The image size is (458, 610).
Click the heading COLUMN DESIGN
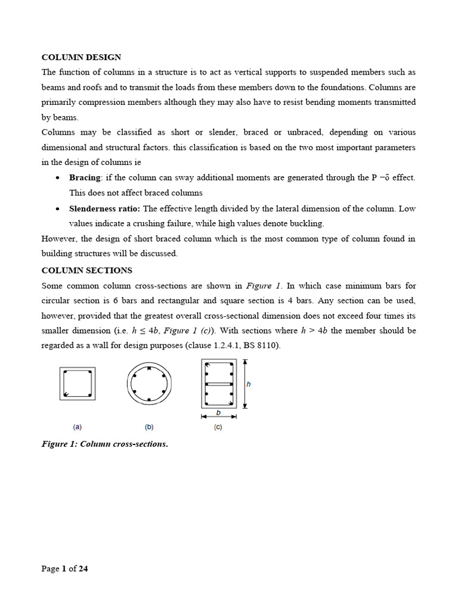81,57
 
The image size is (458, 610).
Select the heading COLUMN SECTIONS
86,270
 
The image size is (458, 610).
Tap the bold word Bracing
85,178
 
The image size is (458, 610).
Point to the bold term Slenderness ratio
105,208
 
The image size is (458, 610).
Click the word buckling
308,223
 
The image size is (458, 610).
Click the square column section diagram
78,383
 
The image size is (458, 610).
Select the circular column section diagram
149,384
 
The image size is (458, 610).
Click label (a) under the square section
78,427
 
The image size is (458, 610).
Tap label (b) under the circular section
149,427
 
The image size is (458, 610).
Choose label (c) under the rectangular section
218,427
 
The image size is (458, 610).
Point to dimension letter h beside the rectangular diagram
249,384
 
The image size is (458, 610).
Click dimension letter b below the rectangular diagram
218,412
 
